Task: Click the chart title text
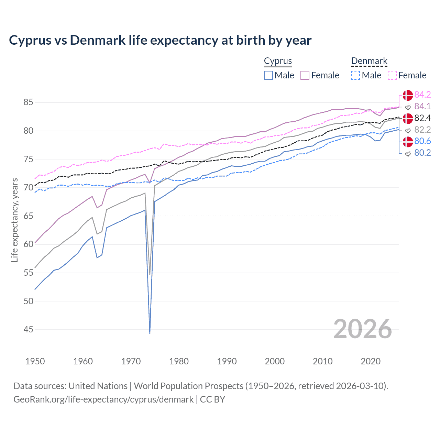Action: pos(160,40)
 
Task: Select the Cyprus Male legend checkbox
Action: pos(268,75)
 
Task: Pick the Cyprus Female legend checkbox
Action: pos(305,75)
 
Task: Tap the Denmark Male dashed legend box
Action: pos(355,75)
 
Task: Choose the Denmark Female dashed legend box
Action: pos(392,75)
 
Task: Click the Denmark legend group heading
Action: pos(369,61)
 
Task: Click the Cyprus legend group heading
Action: pos(278,61)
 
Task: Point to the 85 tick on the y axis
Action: pos(29,102)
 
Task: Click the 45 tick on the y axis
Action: pos(29,330)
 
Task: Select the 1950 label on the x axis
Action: pos(35,361)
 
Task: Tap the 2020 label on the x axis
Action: pos(371,361)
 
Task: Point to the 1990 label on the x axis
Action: pos(227,361)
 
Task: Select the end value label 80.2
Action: pos(422,153)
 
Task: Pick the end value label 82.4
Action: pos(422,118)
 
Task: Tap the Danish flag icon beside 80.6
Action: pos(408,141)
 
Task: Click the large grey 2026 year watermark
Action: pos(363,329)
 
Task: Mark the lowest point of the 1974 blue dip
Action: pos(150,333)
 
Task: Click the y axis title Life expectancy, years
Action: pos(15,220)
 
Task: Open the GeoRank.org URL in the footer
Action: pos(103,399)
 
